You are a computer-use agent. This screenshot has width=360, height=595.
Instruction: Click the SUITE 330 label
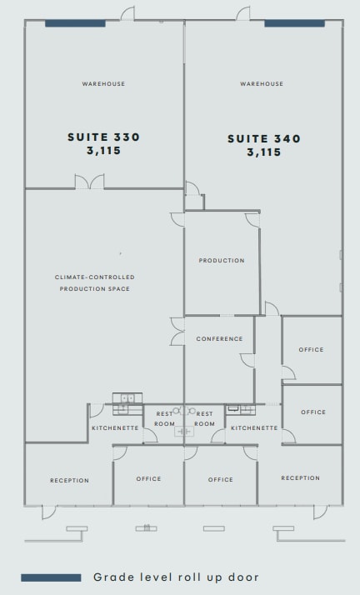103,137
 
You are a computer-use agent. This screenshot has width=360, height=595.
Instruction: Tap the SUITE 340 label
264,138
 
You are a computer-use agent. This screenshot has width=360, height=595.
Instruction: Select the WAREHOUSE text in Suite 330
103,83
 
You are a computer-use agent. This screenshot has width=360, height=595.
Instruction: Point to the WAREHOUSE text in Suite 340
262,83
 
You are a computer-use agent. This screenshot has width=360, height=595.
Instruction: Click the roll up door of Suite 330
75,23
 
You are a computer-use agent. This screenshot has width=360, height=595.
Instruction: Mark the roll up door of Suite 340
294,23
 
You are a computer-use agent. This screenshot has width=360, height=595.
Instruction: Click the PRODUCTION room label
222,261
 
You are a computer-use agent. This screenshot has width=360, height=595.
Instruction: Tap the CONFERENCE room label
220,339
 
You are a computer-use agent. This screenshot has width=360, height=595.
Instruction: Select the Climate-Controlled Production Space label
94,282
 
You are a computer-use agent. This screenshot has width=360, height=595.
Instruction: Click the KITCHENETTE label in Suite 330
114,427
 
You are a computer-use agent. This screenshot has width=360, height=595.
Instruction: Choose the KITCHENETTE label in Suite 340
254,427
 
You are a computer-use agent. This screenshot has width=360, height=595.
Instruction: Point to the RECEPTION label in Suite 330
69,480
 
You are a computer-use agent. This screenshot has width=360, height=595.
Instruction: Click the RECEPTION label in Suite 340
300,478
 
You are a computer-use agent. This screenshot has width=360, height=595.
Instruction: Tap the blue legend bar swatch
51,577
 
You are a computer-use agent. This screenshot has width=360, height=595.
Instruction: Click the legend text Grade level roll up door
176,577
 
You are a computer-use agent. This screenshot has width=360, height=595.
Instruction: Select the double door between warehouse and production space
89,182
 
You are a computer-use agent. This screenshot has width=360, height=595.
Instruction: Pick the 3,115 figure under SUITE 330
103,152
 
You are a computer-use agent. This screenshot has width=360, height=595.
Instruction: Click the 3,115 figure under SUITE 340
264,152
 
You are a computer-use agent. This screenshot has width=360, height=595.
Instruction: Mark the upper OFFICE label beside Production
312,350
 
